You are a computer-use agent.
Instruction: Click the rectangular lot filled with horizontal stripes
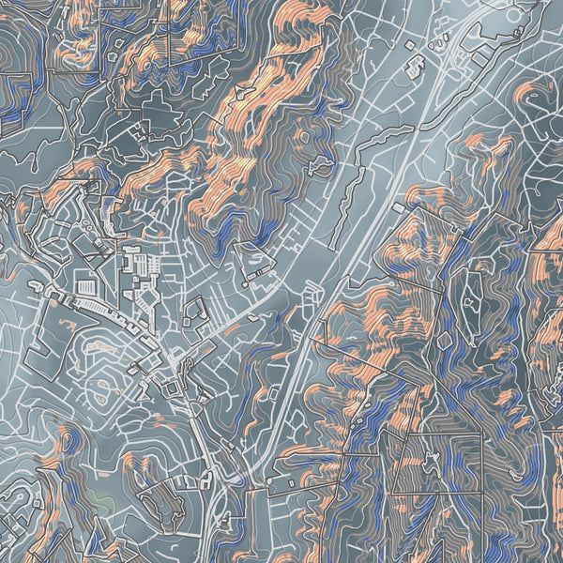(x=84, y=283)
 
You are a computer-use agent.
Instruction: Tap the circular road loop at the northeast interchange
(x=458, y=39)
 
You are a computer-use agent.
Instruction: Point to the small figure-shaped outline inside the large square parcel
(x=430, y=462)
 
